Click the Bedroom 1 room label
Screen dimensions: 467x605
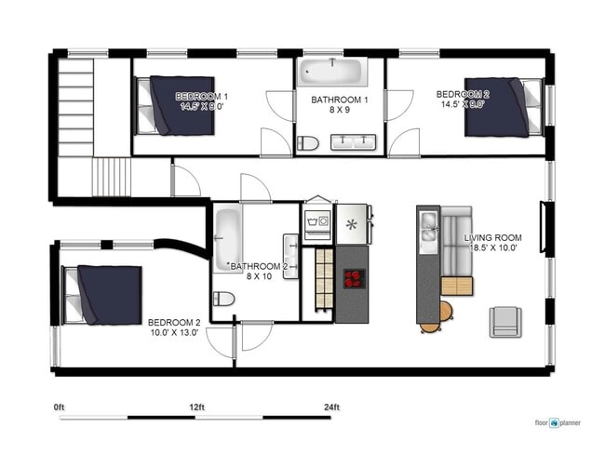(x=202, y=96)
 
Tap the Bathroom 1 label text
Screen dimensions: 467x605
(x=340, y=100)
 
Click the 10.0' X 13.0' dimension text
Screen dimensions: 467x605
(x=173, y=332)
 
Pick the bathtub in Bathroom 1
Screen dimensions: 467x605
(x=332, y=71)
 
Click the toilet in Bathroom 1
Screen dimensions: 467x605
(x=307, y=142)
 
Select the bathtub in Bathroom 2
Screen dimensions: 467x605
(x=228, y=239)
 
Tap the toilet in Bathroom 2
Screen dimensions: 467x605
(x=223, y=299)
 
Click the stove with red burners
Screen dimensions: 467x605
(x=354, y=278)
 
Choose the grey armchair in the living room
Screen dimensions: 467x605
(x=505, y=320)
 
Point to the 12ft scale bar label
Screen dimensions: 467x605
(x=195, y=407)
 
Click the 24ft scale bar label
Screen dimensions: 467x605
(x=331, y=407)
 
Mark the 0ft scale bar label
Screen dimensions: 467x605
(x=60, y=407)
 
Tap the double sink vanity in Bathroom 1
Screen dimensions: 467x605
(x=353, y=141)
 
